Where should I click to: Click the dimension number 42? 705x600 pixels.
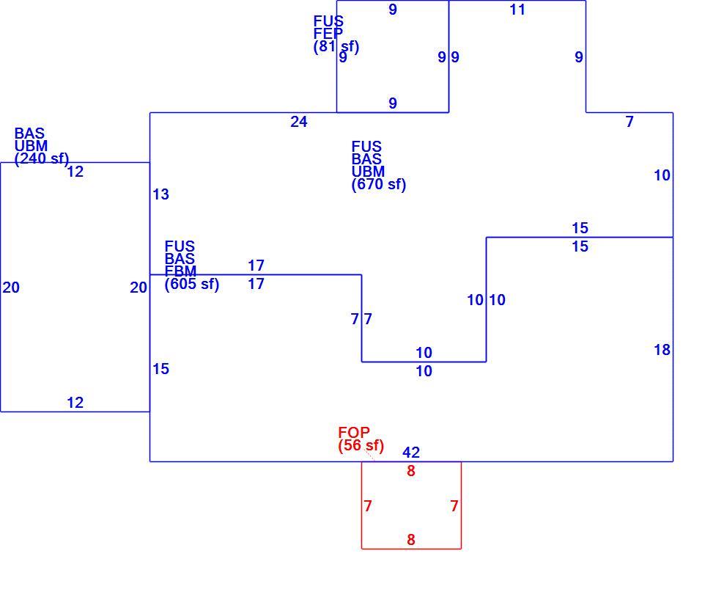[411, 452]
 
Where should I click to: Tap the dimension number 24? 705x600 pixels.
[298, 122]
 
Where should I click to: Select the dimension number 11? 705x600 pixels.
[517, 10]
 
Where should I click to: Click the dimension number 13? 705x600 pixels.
[160, 194]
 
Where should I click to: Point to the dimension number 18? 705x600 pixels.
[662, 350]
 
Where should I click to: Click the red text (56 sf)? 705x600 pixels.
[361, 445]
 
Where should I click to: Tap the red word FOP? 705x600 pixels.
[354, 432]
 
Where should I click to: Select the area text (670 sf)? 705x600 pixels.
[379, 184]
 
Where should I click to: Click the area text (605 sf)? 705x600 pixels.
[191, 284]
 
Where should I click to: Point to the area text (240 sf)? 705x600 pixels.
[42, 158]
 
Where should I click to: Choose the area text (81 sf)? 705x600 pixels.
[336, 46]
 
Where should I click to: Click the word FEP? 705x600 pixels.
[328, 33]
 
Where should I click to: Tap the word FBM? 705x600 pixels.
[181, 271]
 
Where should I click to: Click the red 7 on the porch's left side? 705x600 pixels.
[368, 506]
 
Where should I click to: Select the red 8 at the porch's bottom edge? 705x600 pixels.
[411, 539]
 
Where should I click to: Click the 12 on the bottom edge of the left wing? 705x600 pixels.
[75, 403]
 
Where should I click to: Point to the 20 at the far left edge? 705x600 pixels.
[11, 288]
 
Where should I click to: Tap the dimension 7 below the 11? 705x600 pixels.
[630, 122]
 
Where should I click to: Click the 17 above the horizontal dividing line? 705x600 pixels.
[256, 266]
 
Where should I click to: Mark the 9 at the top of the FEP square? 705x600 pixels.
[393, 10]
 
